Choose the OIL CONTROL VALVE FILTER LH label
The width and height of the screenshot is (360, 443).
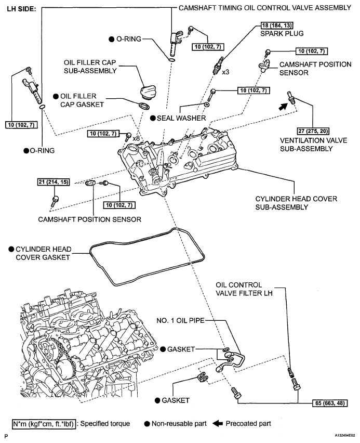coord(243,291)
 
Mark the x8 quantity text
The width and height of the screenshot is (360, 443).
coord(136,138)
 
